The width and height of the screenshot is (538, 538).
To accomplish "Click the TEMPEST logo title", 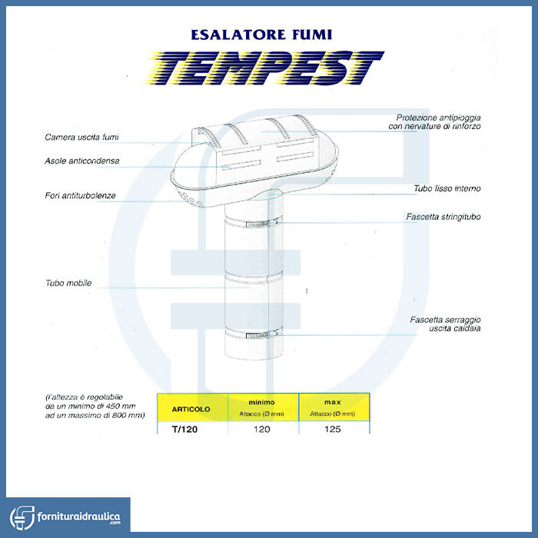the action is pos(266,68).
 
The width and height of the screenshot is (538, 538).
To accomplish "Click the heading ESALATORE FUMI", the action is pos(265,35).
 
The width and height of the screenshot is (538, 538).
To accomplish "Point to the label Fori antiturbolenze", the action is pos(80,195).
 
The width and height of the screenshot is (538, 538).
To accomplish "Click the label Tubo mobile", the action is pos(68,283).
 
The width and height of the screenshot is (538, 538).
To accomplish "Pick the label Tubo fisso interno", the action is pos(447,188).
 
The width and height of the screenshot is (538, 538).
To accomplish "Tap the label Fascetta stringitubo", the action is pos(443,217).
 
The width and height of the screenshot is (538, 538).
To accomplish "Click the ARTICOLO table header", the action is pos(184,408).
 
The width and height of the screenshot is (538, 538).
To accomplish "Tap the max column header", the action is pos(333,403).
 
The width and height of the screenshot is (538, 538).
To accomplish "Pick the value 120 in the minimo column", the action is pos(261,429).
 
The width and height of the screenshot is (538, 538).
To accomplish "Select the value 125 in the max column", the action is pos(333,429).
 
